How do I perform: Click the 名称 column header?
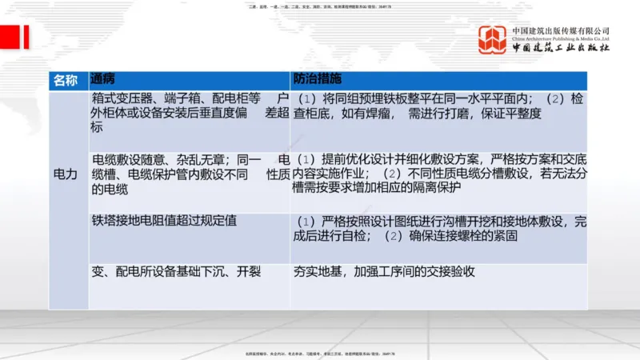coord(66,80)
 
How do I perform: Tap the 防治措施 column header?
coord(318,80)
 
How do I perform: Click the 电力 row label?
coord(66,174)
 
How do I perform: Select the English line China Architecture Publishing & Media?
coord(561,38)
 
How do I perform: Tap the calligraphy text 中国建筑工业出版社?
coord(561,48)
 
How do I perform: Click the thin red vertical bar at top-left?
coord(26,37)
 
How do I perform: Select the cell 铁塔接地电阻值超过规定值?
coord(164,220)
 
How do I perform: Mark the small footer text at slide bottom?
coord(320,353)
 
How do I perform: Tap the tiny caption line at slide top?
coord(320,8)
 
